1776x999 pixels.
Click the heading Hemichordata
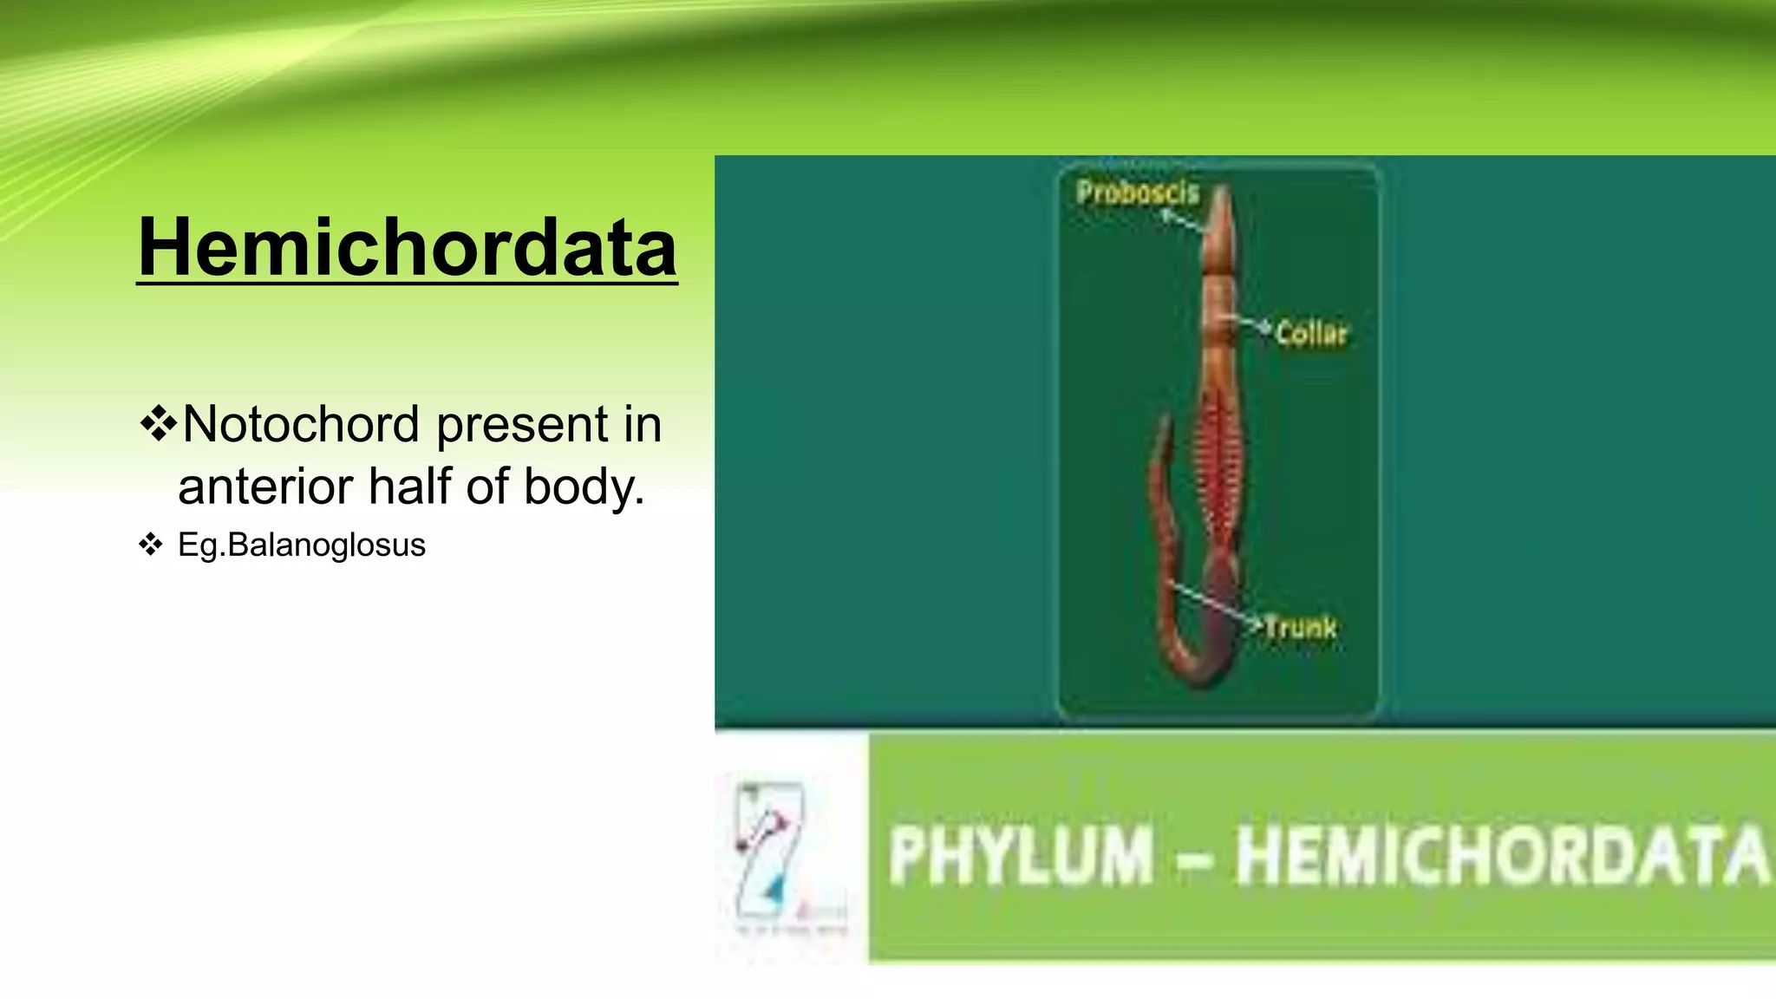click(x=407, y=247)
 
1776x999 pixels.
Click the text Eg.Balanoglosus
click(x=301, y=545)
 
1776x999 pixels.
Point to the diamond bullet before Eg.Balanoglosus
click(x=150, y=545)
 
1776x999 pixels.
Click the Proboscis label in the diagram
click(x=1137, y=193)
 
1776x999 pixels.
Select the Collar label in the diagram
click(x=1310, y=334)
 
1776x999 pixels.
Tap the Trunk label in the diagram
click(x=1298, y=627)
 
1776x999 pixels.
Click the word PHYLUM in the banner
click(x=1021, y=856)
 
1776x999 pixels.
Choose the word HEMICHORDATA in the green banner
click(x=1500, y=856)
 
